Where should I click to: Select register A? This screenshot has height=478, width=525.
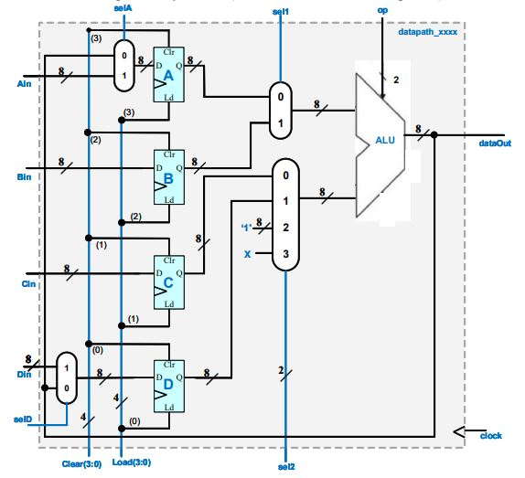click(168, 74)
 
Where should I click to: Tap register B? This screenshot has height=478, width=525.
click(168, 177)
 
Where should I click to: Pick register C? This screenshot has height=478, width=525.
click(168, 282)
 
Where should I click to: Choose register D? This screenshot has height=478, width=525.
click(168, 386)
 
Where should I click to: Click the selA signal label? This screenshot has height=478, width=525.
click(123, 8)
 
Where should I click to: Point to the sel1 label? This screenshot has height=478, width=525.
click(281, 12)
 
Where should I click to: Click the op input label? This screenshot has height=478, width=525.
click(382, 10)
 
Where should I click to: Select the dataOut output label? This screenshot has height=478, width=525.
click(495, 143)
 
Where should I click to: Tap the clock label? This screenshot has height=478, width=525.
click(491, 436)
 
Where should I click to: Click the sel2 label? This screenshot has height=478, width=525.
click(286, 467)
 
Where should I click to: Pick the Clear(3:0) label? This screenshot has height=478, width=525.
click(81, 464)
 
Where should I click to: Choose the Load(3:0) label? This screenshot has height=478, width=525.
click(132, 462)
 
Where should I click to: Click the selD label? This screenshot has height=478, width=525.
click(23, 420)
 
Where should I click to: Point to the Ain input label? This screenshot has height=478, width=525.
click(24, 83)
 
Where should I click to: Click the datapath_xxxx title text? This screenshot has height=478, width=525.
click(427, 32)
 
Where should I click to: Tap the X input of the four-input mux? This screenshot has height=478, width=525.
click(248, 254)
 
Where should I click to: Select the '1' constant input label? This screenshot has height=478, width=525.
click(246, 228)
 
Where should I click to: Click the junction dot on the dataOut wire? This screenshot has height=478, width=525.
click(434, 134)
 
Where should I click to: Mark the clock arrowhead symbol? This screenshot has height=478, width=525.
click(459, 432)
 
